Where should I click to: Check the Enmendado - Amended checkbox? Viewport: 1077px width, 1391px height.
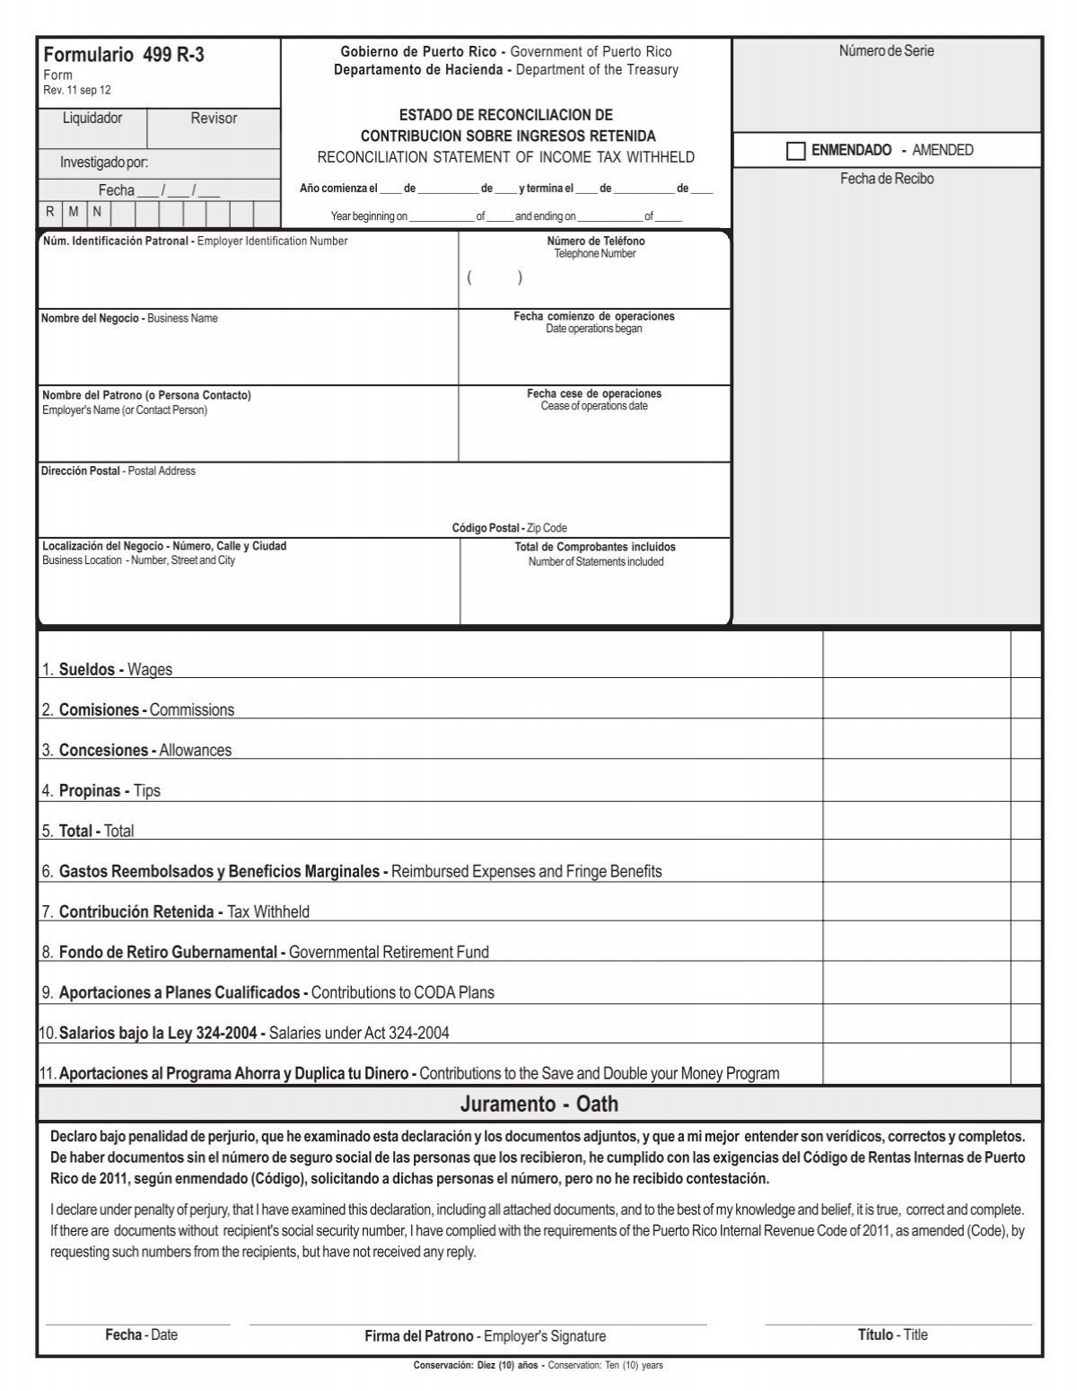[x=795, y=151]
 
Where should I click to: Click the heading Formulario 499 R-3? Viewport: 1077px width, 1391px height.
[x=124, y=55]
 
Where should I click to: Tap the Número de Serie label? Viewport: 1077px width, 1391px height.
[x=886, y=51]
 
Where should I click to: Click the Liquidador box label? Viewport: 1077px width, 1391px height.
[x=92, y=119]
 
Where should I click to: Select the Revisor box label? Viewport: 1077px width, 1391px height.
[x=214, y=119]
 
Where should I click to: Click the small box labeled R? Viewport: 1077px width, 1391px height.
[x=50, y=213]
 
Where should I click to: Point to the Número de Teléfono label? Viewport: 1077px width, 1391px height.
[x=595, y=242]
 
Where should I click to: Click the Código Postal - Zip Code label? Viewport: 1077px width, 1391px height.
[x=509, y=528]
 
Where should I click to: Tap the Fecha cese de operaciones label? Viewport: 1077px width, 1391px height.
[x=593, y=394]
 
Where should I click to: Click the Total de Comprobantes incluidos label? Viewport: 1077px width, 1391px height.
[x=594, y=547]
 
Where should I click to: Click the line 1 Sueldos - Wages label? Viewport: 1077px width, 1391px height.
[x=107, y=670]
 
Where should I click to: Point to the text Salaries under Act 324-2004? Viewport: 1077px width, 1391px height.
[x=359, y=1034]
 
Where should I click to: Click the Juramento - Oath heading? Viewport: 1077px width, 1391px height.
[x=539, y=1104]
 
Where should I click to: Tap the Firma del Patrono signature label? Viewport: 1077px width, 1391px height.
[x=485, y=1336]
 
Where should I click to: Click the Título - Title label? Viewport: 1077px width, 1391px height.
[x=892, y=1335]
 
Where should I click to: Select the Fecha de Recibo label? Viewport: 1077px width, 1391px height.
[x=886, y=179]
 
